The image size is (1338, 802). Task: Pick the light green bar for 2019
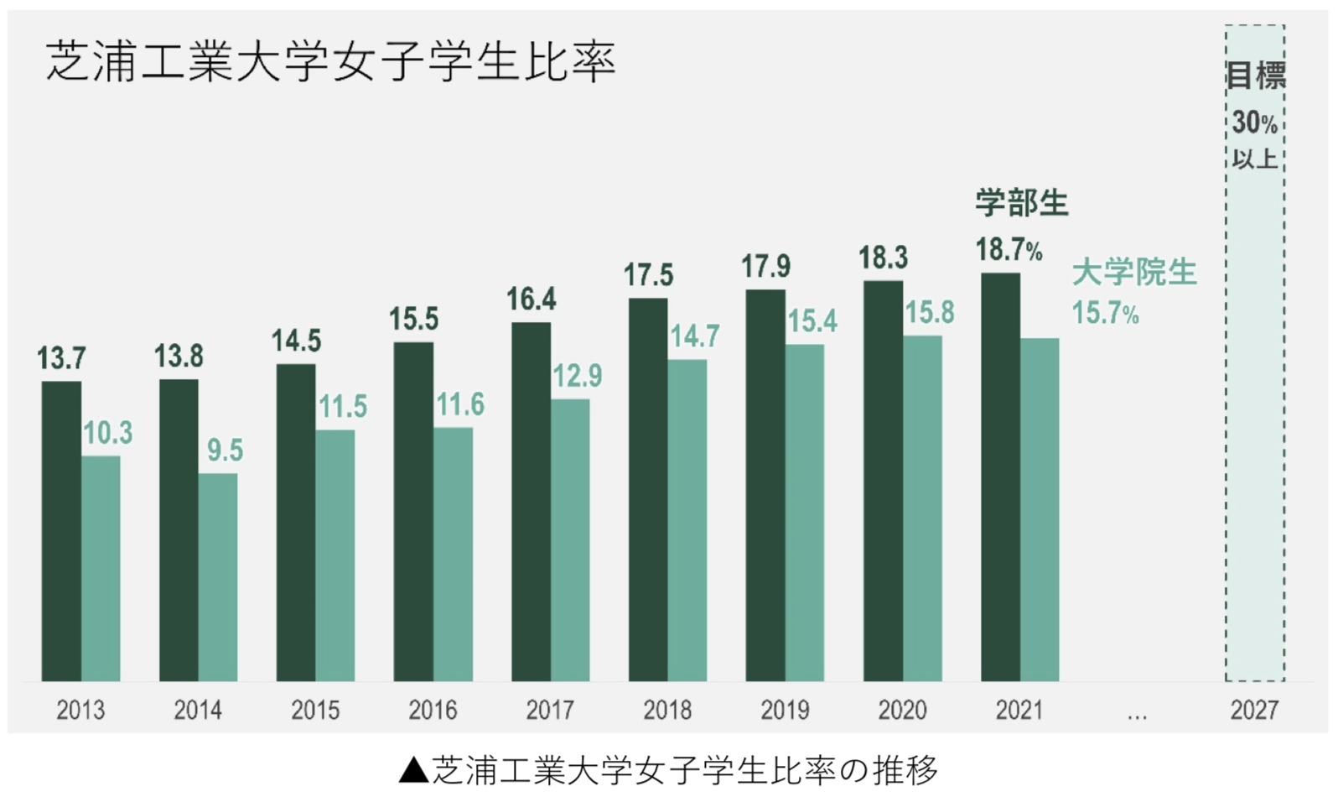(805, 513)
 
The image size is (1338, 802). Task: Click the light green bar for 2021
(1040, 510)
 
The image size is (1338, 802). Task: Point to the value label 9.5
(225, 450)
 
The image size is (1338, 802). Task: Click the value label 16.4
(531, 299)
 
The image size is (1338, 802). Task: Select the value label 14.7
(694, 336)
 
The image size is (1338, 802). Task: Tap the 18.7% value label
(1009, 250)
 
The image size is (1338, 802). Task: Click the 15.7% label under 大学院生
(1105, 314)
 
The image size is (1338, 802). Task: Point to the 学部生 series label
(1021, 203)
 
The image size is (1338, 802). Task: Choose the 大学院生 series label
(1134, 273)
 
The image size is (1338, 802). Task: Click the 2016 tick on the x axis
(433, 711)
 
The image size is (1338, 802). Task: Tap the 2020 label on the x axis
(902, 711)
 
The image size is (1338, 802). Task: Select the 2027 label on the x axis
(1254, 711)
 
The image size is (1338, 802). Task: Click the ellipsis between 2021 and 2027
(1137, 716)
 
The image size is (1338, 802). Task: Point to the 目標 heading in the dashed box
(1255, 76)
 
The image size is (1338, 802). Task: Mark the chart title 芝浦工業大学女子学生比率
(331, 61)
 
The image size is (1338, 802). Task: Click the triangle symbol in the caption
(413, 770)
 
